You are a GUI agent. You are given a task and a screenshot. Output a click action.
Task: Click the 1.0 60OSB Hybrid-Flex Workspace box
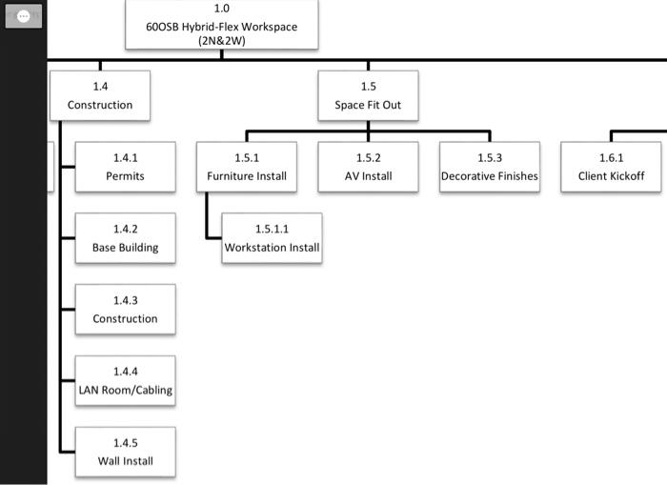(x=221, y=25)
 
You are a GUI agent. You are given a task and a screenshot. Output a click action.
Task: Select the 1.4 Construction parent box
(x=100, y=96)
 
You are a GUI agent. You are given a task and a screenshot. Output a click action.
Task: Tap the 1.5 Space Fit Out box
(x=368, y=96)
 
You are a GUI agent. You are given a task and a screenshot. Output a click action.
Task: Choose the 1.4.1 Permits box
(x=125, y=167)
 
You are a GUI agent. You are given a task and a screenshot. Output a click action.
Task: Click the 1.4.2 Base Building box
(x=125, y=238)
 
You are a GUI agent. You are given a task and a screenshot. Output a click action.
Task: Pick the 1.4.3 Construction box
(x=125, y=310)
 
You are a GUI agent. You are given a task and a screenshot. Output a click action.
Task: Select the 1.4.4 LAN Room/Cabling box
(x=125, y=381)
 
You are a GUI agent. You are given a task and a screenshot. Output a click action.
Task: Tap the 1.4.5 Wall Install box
(x=125, y=453)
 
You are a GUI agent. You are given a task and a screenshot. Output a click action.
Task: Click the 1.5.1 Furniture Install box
(x=246, y=167)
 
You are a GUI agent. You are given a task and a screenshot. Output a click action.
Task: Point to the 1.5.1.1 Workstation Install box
(x=272, y=238)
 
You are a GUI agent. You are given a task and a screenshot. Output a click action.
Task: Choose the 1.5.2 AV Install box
(x=368, y=167)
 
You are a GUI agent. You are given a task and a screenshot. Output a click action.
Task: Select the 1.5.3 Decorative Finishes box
(x=489, y=167)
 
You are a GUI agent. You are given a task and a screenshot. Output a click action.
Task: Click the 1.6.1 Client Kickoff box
(x=611, y=167)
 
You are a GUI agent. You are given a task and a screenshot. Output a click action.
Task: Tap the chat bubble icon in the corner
(x=24, y=16)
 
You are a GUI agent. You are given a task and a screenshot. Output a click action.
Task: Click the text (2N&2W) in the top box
(x=221, y=41)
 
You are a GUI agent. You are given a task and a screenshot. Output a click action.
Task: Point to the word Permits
(x=125, y=176)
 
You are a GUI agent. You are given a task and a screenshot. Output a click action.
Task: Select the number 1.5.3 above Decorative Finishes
(x=489, y=157)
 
